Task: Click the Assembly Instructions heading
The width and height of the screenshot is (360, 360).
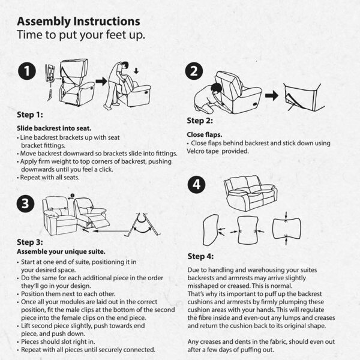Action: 79,23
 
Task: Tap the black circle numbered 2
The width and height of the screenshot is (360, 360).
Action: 194,73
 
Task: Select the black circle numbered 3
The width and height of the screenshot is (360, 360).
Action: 26,204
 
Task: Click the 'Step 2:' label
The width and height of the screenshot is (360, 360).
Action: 202,120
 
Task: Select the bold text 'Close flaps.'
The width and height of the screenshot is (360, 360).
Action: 205,134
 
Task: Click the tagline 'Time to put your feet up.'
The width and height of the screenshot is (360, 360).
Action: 81,36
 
